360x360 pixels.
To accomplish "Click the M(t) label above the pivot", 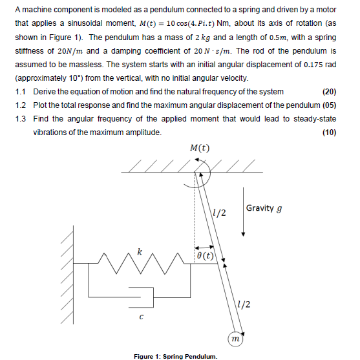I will (200, 149).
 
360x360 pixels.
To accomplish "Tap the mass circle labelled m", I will (236, 337).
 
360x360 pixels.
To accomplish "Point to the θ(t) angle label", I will (205, 256).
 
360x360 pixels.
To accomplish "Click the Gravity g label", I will (264, 209).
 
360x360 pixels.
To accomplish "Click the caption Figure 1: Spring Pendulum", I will (176, 355).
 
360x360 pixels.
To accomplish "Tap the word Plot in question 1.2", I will (41, 105).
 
